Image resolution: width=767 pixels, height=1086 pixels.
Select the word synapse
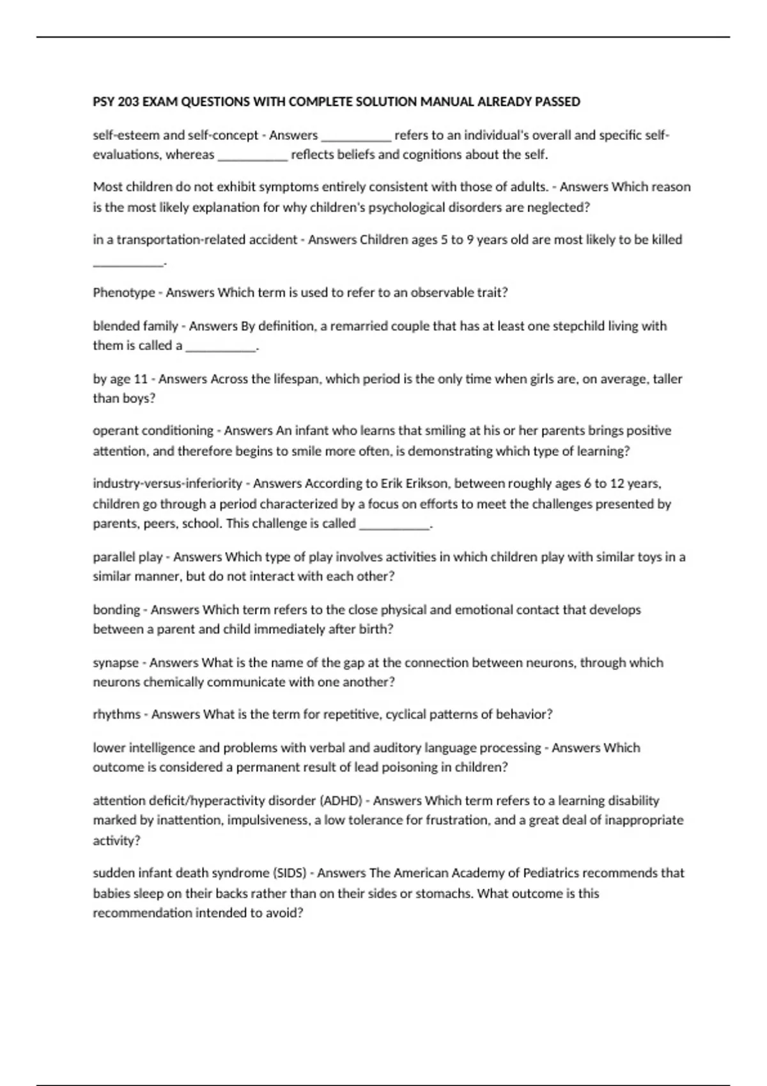click(116, 662)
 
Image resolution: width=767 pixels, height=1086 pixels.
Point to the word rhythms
click(116, 714)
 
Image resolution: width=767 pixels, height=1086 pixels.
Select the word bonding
click(116, 609)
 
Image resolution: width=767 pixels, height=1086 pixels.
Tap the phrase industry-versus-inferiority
click(167, 484)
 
